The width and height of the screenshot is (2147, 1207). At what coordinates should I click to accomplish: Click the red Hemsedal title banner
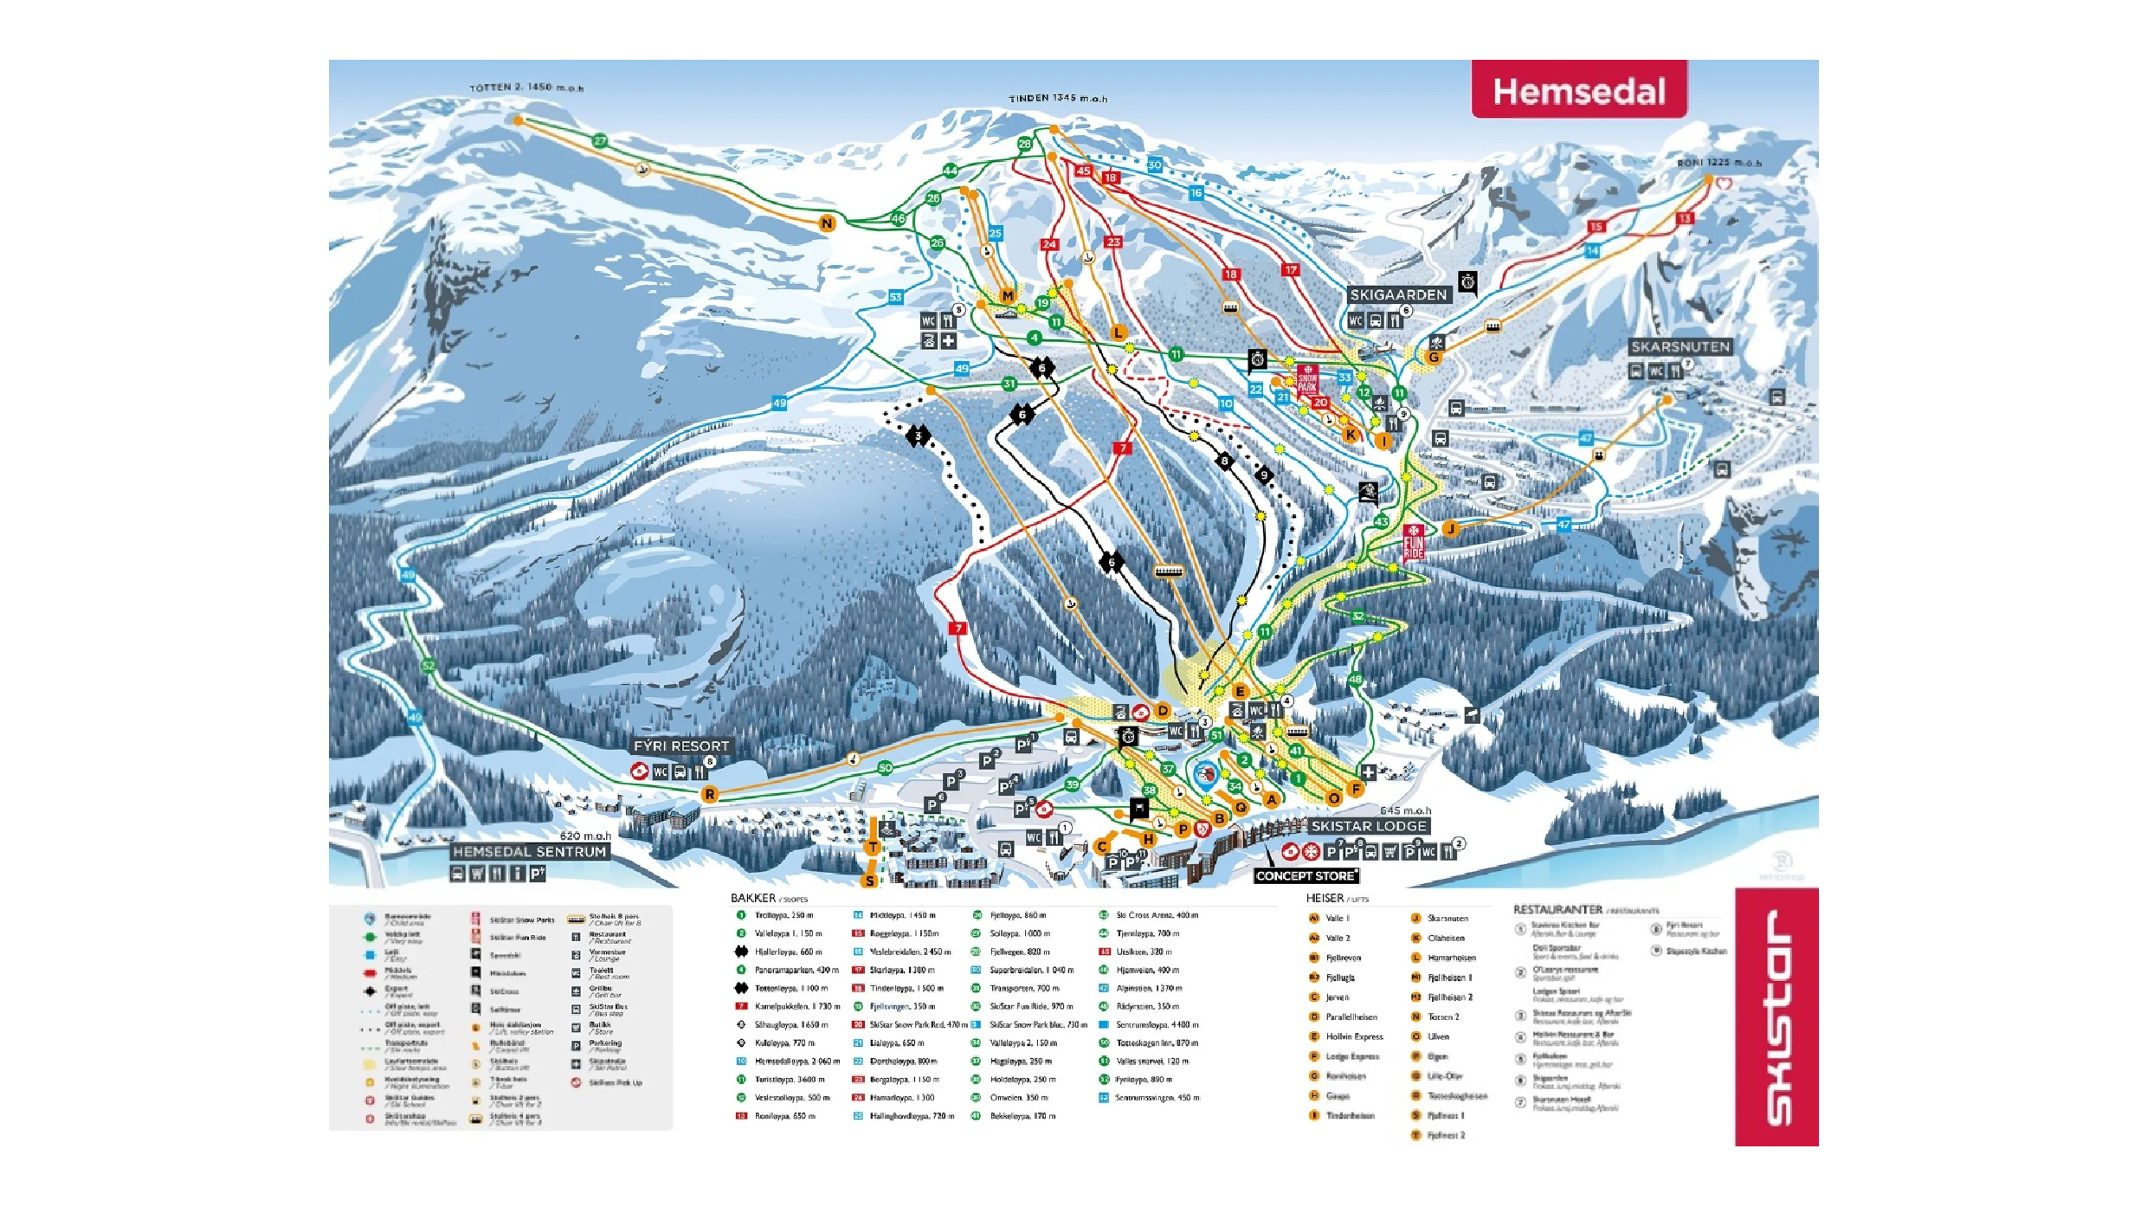(x=1578, y=90)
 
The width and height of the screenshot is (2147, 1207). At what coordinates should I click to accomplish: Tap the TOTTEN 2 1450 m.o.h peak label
(x=525, y=87)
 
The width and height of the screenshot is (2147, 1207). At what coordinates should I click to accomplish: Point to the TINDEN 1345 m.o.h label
(x=1057, y=99)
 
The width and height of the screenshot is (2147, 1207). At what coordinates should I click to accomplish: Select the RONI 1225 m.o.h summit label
(x=1718, y=163)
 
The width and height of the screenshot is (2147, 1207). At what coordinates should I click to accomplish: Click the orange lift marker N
(x=827, y=223)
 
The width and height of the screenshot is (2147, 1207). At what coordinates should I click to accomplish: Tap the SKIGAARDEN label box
(x=1398, y=294)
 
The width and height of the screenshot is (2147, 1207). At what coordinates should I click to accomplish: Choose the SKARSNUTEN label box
(x=1680, y=346)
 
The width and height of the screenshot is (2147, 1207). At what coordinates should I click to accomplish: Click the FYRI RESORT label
(x=681, y=745)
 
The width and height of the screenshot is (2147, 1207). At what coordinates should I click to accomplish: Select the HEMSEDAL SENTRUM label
(x=529, y=851)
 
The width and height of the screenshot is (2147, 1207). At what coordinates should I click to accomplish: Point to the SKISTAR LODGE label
(x=1368, y=826)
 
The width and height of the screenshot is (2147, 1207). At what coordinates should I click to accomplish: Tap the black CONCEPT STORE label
(x=1305, y=875)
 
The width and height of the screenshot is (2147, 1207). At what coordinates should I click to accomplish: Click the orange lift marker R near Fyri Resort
(x=709, y=794)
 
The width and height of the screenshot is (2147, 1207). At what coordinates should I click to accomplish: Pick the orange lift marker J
(x=1450, y=528)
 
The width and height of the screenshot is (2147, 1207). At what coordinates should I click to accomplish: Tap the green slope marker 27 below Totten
(x=600, y=141)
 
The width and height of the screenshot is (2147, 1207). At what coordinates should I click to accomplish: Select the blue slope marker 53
(x=895, y=297)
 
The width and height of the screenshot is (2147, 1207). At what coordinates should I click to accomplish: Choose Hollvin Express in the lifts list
(x=1354, y=1036)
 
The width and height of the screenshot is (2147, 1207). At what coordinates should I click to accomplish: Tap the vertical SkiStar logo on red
(x=1776, y=1017)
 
